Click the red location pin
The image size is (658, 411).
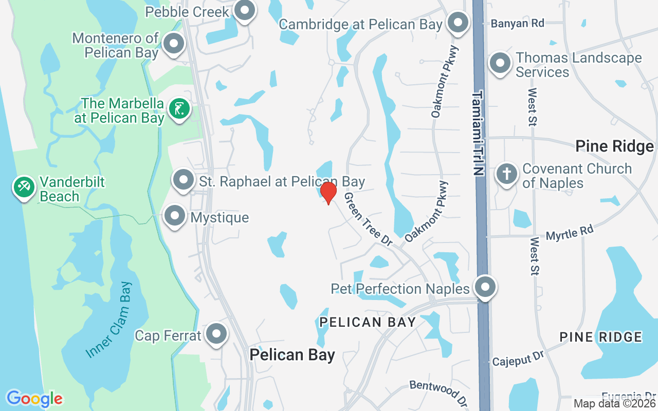[328, 193]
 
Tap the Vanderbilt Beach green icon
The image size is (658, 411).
[24, 188]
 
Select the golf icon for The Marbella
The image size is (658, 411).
[179, 109]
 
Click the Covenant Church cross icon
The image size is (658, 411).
[507, 174]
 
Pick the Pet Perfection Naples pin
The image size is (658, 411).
[485, 287]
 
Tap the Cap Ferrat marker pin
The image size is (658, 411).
[216, 334]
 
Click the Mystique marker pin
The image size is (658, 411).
[175, 216]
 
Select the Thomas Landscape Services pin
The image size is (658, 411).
[500, 64]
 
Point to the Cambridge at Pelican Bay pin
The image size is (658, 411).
[456, 23]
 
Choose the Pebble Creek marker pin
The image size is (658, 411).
[245, 10]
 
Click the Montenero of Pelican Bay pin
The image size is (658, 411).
[174, 44]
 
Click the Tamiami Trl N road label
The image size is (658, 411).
[479, 134]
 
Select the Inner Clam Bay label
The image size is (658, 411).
[109, 319]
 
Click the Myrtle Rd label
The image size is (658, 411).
[570, 233]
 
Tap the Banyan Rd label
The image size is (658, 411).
[517, 23]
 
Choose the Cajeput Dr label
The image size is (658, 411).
[518, 359]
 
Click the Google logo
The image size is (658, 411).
[34, 399]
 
